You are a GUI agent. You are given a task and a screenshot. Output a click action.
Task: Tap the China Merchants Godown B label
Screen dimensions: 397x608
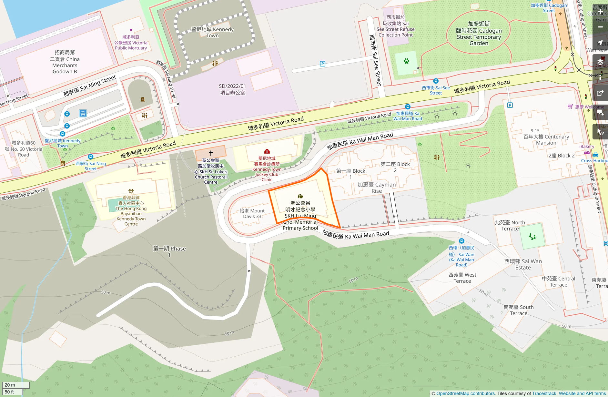point(65,62)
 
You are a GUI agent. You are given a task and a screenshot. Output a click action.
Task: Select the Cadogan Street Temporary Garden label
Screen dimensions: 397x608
point(479,34)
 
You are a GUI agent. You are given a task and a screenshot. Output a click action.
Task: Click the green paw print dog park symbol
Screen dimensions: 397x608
point(406,61)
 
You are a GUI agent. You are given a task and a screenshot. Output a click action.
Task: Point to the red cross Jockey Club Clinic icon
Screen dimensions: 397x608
point(267,151)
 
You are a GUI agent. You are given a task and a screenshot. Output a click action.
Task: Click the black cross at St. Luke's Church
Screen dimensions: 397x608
point(211,153)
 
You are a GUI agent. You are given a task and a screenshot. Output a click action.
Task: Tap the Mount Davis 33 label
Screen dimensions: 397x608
point(252,214)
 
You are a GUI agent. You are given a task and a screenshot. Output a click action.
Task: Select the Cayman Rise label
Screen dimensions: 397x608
point(376,188)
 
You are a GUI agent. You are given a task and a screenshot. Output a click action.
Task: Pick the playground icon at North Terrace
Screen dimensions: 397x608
point(532,237)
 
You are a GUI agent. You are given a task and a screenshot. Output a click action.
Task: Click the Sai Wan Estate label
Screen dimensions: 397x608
point(523,264)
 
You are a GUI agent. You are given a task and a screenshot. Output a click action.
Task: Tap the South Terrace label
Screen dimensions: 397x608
point(518,310)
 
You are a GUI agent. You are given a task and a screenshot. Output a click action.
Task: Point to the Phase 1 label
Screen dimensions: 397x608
point(169,251)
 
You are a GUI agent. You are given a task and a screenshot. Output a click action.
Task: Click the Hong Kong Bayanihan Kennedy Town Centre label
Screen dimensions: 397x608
point(131,211)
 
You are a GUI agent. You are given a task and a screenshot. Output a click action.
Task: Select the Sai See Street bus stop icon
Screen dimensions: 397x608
point(436,81)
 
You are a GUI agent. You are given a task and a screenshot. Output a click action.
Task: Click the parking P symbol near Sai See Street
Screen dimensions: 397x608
point(322,64)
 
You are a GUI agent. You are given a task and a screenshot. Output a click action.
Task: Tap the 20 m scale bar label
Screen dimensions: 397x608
point(10,385)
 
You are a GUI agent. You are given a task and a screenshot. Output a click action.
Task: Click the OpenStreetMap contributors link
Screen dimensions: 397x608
point(465,393)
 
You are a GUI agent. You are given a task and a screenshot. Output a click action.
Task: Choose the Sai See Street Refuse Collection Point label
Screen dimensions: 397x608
point(395,26)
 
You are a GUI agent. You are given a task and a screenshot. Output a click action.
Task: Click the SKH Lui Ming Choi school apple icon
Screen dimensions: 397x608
point(300,196)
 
